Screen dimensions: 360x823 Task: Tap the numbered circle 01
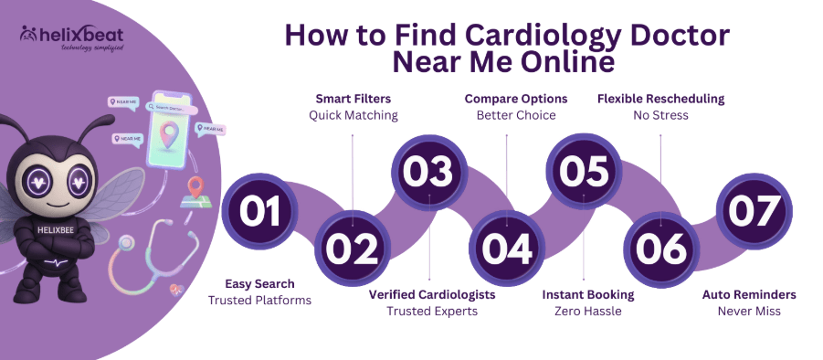(x=259, y=211)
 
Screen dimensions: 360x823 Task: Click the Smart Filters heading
(x=353, y=98)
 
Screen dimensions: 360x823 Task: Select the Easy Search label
(x=259, y=284)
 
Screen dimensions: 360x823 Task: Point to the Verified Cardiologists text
(x=431, y=294)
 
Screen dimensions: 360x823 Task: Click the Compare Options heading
(x=515, y=98)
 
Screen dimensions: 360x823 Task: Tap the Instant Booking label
(x=587, y=294)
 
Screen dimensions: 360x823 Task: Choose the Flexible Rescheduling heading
(x=660, y=98)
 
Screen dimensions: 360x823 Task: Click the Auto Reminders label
(x=749, y=294)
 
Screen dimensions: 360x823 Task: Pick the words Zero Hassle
(x=587, y=312)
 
